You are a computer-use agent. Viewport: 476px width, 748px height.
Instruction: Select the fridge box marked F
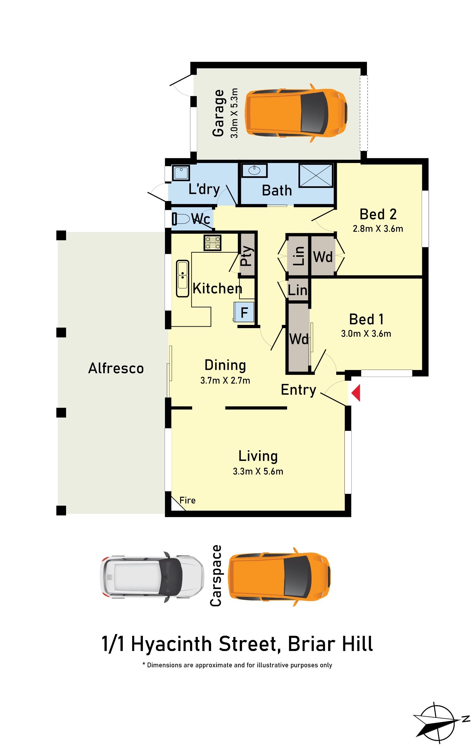pyautogui.click(x=244, y=312)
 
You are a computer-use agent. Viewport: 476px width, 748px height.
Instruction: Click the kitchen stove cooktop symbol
pyautogui.click(x=213, y=243)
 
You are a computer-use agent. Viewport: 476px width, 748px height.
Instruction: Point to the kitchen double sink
pyautogui.click(x=183, y=279)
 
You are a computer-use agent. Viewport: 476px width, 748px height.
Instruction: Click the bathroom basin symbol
pyautogui.click(x=254, y=171)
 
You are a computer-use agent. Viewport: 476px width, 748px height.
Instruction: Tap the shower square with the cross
pyautogui.click(x=316, y=176)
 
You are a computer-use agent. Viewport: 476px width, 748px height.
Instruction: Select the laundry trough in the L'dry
pyautogui.click(x=181, y=173)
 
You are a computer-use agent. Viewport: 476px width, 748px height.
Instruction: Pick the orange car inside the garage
pyautogui.click(x=296, y=113)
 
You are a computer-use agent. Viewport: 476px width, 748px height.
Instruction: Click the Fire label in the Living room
pyautogui.click(x=187, y=501)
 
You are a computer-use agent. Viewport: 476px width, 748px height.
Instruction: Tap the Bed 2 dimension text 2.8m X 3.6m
pyautogui.click(x=378, y=228)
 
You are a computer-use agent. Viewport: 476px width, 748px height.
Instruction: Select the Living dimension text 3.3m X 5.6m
pyautogui.click(x=258, y=471)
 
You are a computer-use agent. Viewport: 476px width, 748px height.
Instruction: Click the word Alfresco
pyautogui.click(x=116, y=368)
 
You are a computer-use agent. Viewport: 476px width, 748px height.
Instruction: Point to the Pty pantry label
pyautogui.click(x=246, y=256)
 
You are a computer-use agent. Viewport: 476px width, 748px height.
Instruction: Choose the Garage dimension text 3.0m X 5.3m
pyautogui.click(x=234, y=113)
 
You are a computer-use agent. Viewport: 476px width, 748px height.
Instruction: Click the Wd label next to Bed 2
pyautogui.click(x=323, y=257)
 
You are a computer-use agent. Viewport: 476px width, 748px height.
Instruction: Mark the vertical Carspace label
pyautogui.click(x=216, y=576)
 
